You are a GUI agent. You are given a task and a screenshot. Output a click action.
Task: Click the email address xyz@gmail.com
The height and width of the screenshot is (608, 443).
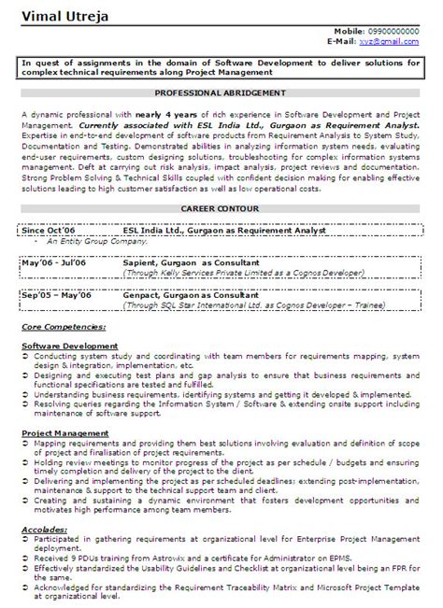393,42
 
